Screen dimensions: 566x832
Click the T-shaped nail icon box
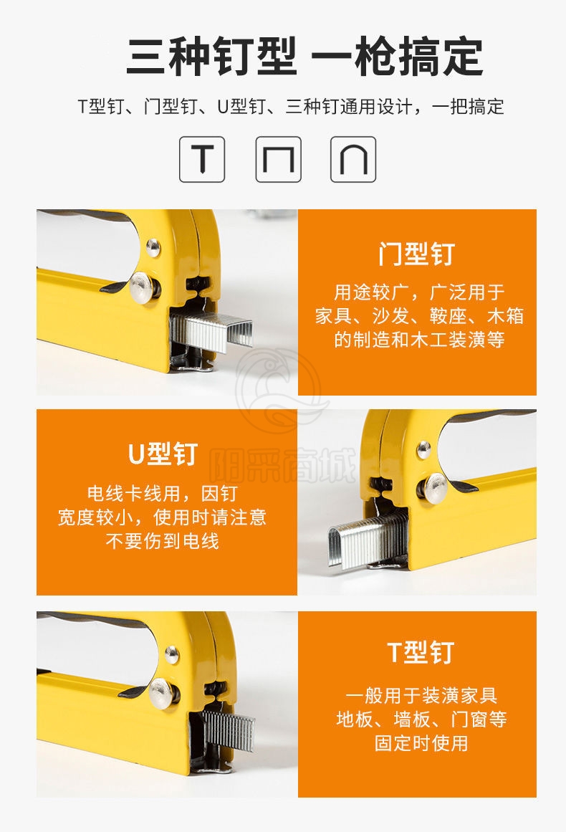pos(201,159)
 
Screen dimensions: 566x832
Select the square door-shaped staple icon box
pos(279,159)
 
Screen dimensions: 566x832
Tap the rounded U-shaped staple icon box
pos(353,159)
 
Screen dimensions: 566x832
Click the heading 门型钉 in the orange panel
pos(417,254)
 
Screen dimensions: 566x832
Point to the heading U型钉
pos(163,454)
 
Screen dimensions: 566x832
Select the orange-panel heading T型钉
pos(421,652)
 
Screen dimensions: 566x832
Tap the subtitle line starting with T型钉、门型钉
pos(291,107)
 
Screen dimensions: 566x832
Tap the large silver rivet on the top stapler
pos(145,287)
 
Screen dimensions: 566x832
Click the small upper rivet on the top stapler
pos(153,247)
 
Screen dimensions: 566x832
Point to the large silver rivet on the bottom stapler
pos(164,692)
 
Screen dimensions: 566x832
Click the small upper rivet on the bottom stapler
pos(172,655)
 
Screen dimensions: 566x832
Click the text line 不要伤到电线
pos(163,541)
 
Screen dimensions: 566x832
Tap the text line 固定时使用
pos(421,743)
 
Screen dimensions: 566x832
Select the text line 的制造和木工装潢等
pos(419,339)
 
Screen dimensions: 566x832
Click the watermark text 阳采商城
pos(283,466)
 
